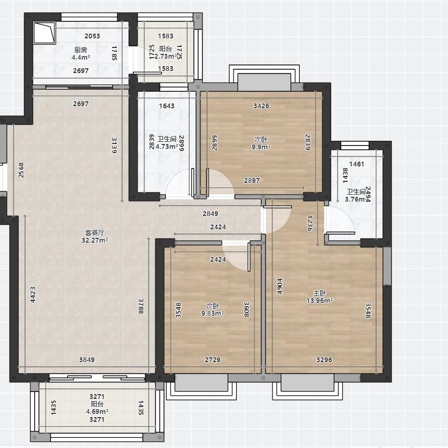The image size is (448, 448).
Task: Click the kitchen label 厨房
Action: click(81, 50)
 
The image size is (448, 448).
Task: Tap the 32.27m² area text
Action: click(94, 241)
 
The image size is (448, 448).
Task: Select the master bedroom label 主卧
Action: click(319, 293)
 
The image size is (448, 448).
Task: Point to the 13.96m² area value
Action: click(319, 301)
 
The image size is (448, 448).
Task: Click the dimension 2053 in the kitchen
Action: click(92, 36)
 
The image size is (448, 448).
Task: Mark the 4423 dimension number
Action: click(33, 294)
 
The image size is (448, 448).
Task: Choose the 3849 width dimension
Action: click(87, 359)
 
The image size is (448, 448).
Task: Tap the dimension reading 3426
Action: click(261, 106)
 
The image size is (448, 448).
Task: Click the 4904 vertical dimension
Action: click(279, 286)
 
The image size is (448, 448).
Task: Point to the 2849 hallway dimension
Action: click(210, 213)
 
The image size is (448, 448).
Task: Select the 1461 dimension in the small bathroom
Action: click(357, 164)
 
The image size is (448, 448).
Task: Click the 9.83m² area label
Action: click(213, 314)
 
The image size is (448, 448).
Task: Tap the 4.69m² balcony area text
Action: click(97, 412)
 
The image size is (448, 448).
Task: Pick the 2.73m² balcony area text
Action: click(166, 57)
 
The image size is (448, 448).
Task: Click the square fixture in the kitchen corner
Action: click(44, 33)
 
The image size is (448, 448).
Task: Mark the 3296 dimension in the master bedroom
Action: click(324, 359)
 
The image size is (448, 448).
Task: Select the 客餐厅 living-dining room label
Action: click(94, 233)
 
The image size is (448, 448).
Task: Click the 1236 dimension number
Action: click(310, 223)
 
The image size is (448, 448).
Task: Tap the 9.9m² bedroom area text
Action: click(261, 147)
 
